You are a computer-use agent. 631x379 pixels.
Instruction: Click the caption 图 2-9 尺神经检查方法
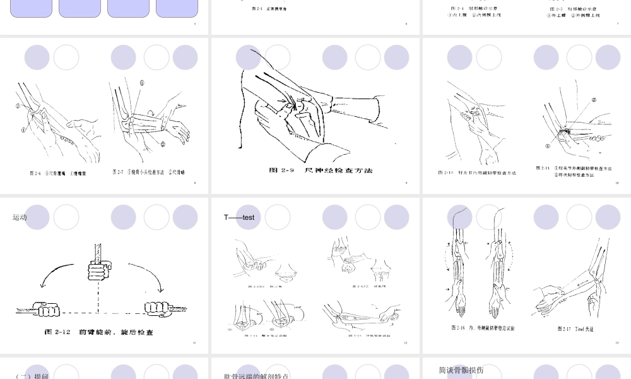tap(321, 171)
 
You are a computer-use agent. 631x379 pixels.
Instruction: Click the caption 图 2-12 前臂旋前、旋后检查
tap(98, 332)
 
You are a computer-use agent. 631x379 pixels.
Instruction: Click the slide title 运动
tap(20, 217)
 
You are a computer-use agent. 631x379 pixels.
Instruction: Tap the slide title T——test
tap(239, 217)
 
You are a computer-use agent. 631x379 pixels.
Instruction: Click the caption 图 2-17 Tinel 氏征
tap(575, 329)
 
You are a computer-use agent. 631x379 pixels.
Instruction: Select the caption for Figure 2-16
tap(483, 328)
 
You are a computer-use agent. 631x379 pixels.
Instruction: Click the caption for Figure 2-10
tap(477, 172)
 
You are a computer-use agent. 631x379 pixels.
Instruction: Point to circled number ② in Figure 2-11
tap(594, 100)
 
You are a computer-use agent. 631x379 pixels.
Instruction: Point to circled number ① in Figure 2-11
tap(548, 145)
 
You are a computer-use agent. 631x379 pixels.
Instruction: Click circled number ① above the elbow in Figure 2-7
tap(142, 83)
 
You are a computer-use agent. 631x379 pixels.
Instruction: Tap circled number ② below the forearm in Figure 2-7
tap(162, 144)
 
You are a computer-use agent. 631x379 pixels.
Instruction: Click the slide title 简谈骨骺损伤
tap(461, 370)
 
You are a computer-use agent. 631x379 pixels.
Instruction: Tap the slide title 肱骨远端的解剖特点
tap(256, 376)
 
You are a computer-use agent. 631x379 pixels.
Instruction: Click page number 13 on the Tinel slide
tap(616, 343)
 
